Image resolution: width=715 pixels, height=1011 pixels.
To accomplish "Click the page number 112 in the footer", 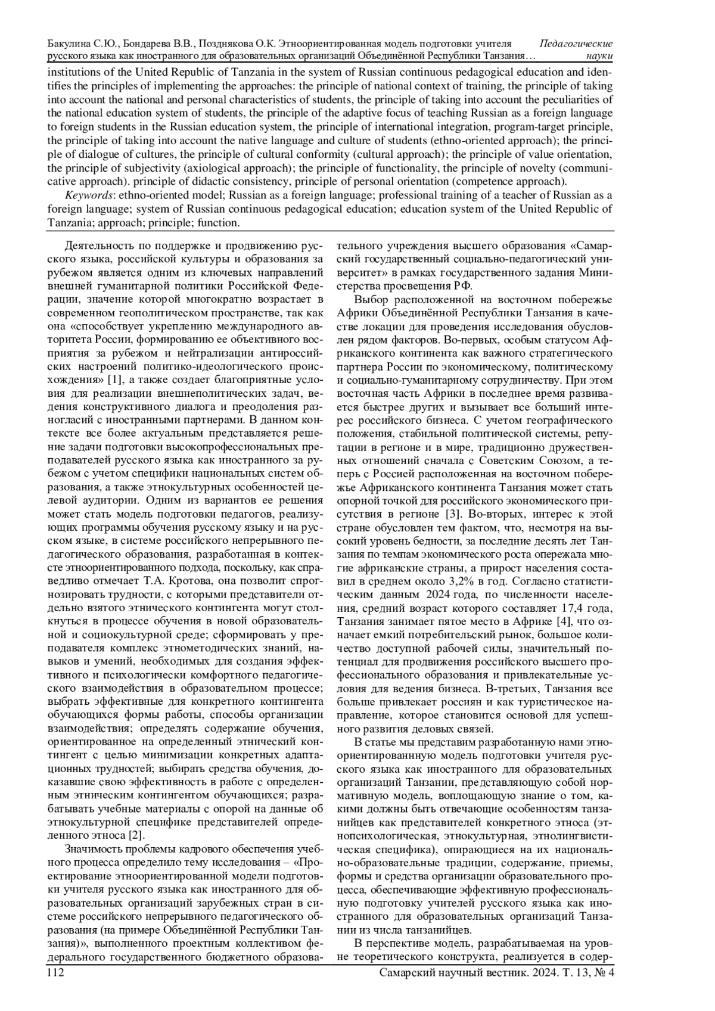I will coord(56,973).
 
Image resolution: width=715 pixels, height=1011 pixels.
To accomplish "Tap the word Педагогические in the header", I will coord(576,44).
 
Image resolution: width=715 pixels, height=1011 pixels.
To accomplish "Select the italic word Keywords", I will coord(86,195).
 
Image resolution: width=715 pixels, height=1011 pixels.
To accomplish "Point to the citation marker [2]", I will coord(137,835).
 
